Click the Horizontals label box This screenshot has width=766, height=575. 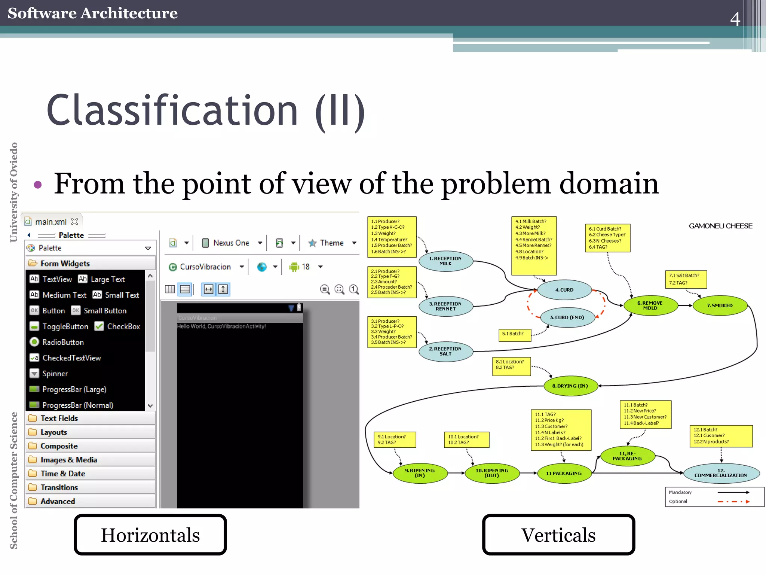coord(150,535)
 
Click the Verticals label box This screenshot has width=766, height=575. coord(558,535)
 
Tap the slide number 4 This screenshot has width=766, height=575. coord(735,19)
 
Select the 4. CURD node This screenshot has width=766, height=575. coord(564,290)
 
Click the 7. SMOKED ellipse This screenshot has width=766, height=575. coord(720,305)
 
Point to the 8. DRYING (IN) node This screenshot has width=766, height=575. coord(570,386)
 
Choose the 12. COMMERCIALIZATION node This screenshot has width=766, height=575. coord(721,473)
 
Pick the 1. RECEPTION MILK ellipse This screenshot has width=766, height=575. coord(445,261)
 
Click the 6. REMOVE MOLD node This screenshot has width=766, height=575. coord(650,305)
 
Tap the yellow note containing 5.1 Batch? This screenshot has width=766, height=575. coord(515,334)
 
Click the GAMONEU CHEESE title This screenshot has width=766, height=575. coord(720,226)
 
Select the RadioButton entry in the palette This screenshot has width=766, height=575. coord(63,342)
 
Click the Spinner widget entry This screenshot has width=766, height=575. coord(55,374)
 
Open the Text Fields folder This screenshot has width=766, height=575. coord(59,418)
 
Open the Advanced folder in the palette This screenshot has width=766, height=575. coord(58,501)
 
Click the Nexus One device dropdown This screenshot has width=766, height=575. coord(231,243)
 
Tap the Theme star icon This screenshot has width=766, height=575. coord(312,243)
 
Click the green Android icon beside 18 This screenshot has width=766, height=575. coord(294,267)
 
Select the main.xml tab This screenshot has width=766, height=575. coord(51,222)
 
